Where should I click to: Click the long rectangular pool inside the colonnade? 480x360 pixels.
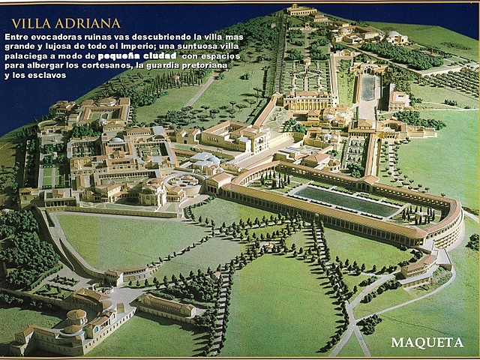coord(345,201)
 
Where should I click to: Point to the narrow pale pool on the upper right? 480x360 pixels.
coord(368,88)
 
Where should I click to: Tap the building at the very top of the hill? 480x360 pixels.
coord(301,10)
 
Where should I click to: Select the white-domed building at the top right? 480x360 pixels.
coord(393,37)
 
